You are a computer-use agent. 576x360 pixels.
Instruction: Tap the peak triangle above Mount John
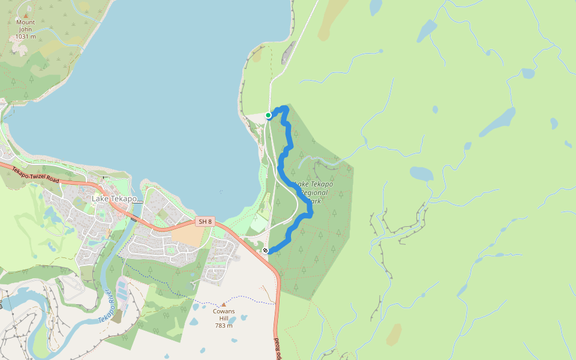coord(25,15)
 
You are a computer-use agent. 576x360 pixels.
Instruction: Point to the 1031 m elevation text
coord(25,37)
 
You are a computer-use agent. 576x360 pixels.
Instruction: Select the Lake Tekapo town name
coord(115,199)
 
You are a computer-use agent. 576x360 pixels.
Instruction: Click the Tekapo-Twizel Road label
coord(36,173)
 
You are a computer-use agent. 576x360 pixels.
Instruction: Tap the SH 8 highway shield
coord(205,222)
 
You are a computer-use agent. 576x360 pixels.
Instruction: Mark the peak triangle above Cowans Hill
coord(224,304)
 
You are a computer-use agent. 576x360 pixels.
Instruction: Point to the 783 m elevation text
coord(224,326)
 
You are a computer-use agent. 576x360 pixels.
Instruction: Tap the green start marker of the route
coord(268,115)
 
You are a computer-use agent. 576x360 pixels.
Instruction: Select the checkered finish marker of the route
coord(265,251)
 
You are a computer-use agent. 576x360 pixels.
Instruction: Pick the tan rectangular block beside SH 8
coord(188,236)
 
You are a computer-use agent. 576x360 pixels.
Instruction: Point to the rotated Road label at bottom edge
coord(278,349)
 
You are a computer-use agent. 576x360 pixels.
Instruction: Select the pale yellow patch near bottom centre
coord(394,335)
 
